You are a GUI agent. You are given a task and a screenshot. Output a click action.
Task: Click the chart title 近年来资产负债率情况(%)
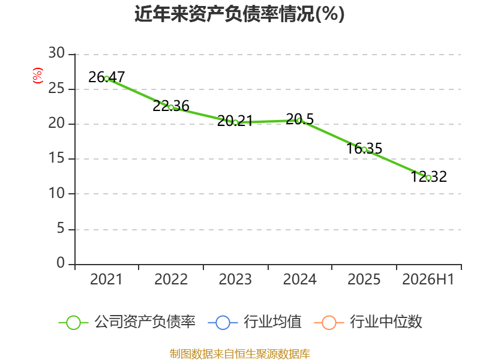239,14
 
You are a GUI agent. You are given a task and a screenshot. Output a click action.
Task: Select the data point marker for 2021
107,79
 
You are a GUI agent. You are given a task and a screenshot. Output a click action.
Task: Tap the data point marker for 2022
171,107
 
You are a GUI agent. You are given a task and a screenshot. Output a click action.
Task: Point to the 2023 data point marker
235,122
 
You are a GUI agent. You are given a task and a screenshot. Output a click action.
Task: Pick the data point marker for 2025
364,149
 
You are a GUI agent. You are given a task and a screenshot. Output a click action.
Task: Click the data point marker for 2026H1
428,178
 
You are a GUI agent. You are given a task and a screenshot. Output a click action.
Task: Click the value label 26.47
107,77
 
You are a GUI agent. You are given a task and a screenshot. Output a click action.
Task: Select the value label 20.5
299,119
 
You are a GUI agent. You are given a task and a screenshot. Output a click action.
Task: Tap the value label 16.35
364,148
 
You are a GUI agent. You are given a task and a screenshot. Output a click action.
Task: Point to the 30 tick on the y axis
56,53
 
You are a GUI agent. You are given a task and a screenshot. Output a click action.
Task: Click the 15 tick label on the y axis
56,158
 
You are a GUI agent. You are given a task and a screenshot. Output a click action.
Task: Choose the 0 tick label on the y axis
61,263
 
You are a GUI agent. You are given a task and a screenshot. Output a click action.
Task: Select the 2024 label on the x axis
299,279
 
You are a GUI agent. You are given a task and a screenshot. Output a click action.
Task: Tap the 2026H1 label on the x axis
428,279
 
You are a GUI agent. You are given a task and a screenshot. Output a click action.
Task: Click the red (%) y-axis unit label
38,76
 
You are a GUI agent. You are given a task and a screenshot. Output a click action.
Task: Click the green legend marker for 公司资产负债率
73,323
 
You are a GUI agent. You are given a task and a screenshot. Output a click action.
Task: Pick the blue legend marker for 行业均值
223,323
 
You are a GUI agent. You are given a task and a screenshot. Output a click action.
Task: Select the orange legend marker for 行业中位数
329,323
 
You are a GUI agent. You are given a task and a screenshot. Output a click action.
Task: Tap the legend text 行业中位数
386,322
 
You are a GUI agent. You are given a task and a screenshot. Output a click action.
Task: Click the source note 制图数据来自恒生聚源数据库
240,354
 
